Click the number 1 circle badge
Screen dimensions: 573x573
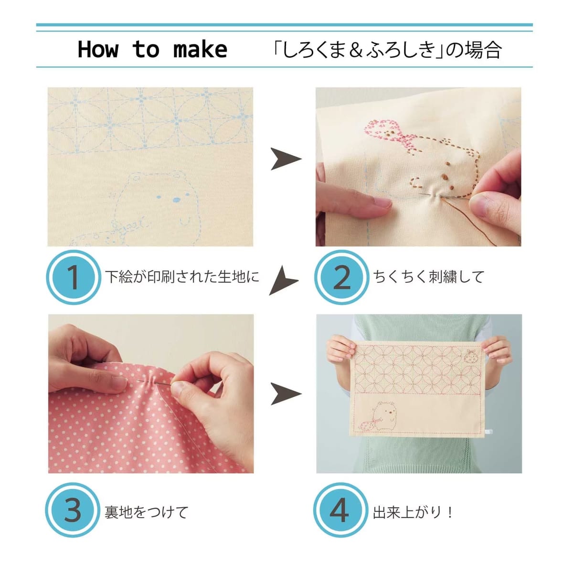(74, 277)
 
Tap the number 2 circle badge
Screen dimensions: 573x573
(342, 277)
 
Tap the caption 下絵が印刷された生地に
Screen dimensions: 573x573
(182, 277)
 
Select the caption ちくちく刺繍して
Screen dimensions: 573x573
(429, 277)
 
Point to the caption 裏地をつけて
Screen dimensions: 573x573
(146, 512)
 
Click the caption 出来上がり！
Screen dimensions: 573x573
(413, 512)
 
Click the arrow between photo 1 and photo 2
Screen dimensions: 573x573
(286, 159)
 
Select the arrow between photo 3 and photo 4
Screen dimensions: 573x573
(286, 393)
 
